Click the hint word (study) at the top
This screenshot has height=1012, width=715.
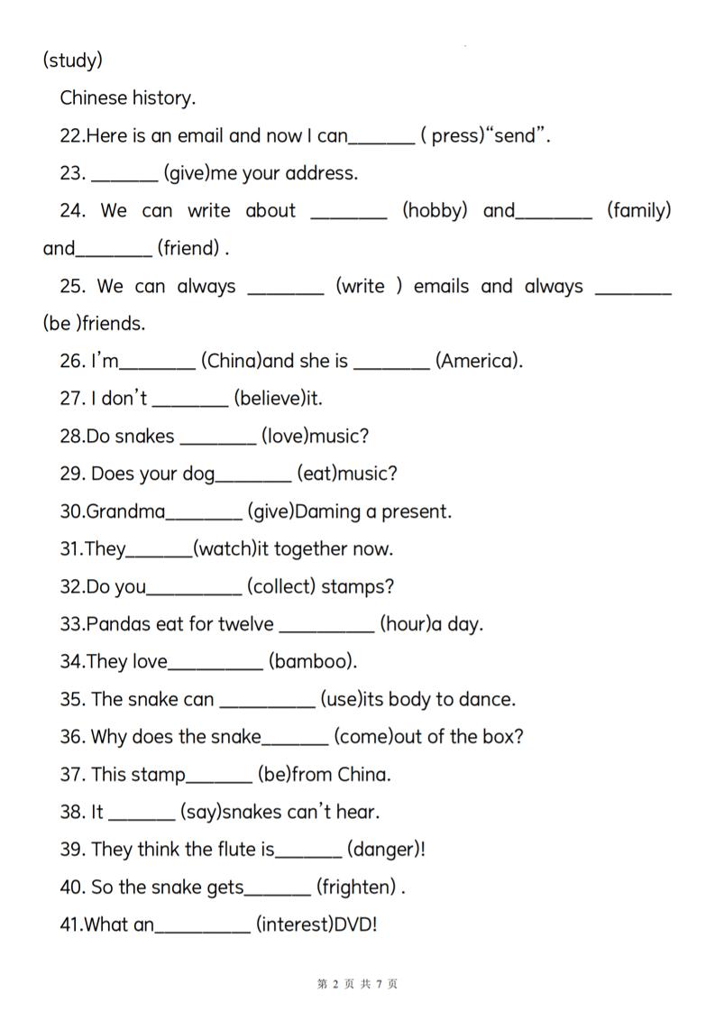[72, 60]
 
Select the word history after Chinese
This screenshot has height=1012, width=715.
[163, 97]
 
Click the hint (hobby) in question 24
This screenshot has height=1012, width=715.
[435, 211]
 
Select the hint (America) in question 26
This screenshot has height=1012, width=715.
[479, 362]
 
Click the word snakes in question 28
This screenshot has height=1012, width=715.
[144, 437]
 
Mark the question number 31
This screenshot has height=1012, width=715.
[71, 549]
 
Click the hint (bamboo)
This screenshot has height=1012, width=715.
[313, 662]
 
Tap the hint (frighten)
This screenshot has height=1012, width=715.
[356, 888]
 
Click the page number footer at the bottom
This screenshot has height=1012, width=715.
[357, 984]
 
